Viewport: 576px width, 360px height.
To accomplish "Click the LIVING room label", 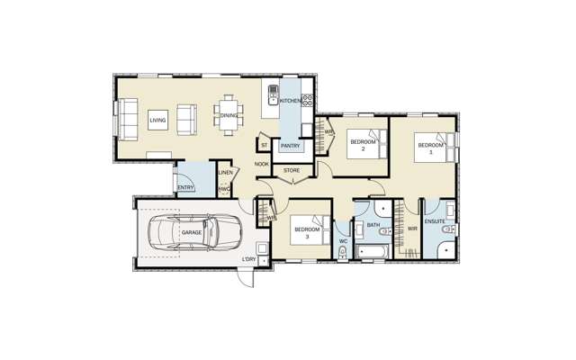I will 158,120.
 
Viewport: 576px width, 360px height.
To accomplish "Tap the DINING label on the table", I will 229,115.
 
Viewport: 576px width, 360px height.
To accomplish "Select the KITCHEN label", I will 291,101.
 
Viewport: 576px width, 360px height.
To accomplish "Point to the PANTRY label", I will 290,146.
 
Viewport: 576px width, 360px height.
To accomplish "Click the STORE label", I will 291,170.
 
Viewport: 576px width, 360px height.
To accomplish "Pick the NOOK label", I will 262,165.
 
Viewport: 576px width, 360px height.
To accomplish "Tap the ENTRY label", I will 184,187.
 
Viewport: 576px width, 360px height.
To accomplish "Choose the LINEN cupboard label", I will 226,173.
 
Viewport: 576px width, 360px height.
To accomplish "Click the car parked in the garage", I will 184,232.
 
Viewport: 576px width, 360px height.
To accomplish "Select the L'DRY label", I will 248,260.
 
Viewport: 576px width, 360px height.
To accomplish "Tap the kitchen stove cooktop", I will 307,101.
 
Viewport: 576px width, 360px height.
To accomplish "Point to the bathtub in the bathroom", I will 371,250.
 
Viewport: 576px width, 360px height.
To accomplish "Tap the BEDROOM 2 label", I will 363,145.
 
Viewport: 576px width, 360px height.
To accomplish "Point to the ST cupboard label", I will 265,145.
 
